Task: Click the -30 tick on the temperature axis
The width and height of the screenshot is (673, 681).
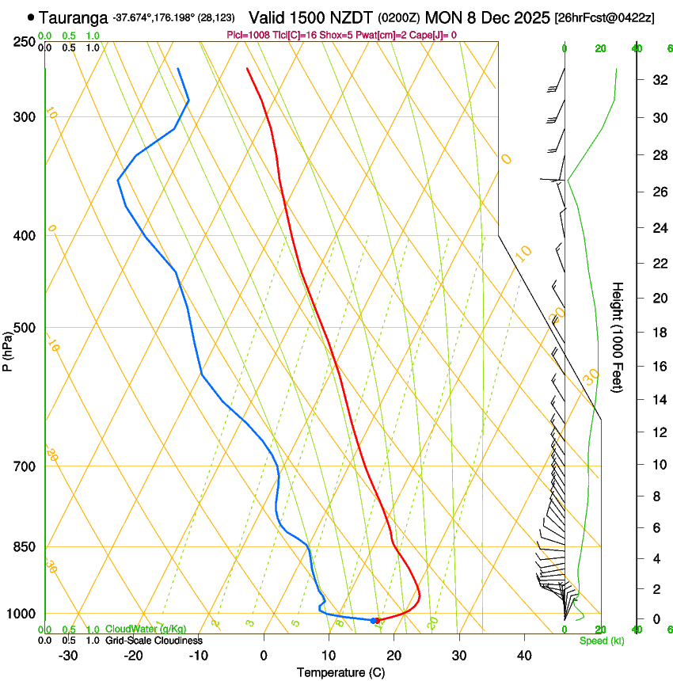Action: click(68, 655)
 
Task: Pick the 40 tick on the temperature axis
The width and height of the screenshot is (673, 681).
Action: click(523, 655)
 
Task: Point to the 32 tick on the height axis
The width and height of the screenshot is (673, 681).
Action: click(656, 80)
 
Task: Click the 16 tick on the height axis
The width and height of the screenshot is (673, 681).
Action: click(656, 367)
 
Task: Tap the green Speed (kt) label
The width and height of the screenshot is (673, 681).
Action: click(601, 641)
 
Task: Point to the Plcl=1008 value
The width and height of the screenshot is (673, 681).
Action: click(247, 35)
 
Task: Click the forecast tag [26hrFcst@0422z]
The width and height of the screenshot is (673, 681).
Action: click(604, 17)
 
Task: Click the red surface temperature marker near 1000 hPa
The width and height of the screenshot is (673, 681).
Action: click(378, 620)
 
